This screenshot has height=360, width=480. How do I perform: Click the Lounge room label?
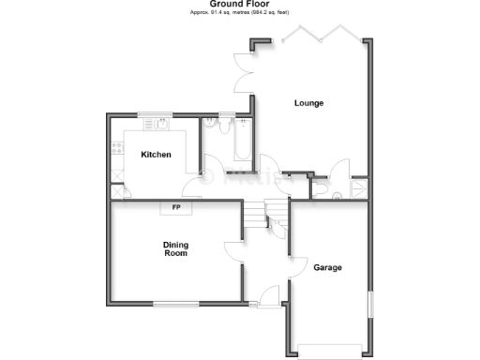(x=308, y=103)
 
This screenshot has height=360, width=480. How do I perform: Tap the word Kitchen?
(x=156, y=154)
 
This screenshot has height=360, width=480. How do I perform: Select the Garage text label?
(x=328, y=267)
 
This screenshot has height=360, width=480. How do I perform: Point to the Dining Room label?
(x=176, y=248)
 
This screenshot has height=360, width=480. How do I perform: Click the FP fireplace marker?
(x=174, y=207)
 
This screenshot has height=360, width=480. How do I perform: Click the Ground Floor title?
(x=241, y=5)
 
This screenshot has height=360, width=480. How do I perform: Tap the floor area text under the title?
(x=241, y=13)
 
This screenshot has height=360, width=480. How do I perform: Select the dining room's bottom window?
(x=175, y=303)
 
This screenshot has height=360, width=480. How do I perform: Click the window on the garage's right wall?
(x=369, y=306)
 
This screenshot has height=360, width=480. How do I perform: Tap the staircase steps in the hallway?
(x=251, y=215)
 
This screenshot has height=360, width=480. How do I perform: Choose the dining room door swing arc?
(x=232, y=252)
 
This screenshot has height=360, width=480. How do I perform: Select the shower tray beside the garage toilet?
(x=358, y=188)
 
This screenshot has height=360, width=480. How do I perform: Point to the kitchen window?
(x=156, y=115)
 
